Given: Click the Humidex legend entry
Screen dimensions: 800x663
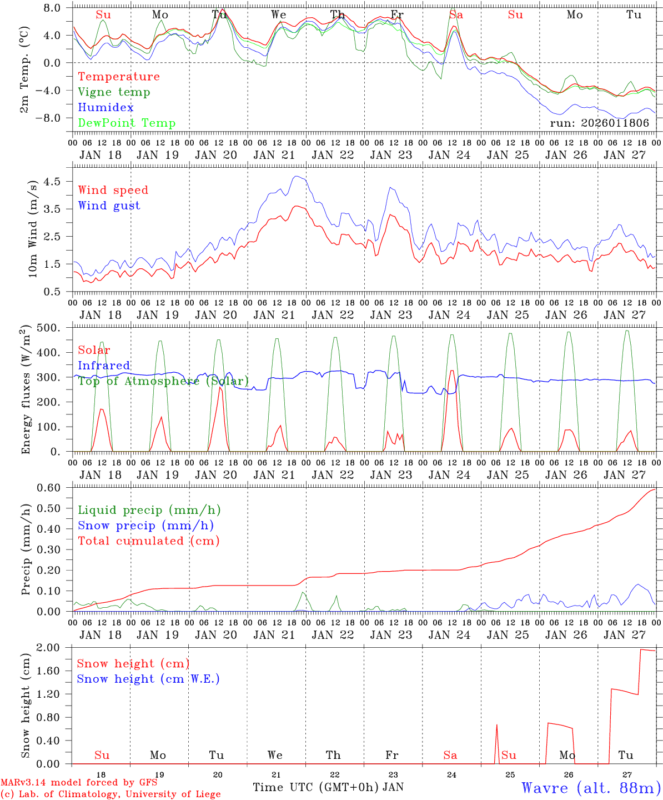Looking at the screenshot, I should tap(106, 108).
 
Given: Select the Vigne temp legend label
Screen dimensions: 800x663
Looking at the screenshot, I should tap(114, 92).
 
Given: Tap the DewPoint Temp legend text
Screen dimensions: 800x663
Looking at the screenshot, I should tap(127, 123).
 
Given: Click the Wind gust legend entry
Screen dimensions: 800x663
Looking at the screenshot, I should tap(109, 206).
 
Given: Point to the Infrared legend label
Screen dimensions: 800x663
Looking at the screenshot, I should tap(104, 366).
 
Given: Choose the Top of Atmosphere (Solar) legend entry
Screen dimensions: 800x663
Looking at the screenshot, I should tap(163, 381).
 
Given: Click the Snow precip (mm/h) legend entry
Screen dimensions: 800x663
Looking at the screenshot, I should tap(145, 526).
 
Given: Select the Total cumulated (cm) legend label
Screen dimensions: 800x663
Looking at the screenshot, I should tap(148, 541).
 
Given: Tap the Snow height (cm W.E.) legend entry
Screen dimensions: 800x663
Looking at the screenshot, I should tap(148, 679).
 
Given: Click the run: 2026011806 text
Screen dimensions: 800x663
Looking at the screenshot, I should tap(599, 123).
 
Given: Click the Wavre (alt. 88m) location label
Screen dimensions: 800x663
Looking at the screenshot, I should tap(591, 788).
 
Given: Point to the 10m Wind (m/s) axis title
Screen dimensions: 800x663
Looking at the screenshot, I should tap(33, 229).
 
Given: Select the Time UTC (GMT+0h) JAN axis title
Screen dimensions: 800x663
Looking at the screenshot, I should tap(328, 787).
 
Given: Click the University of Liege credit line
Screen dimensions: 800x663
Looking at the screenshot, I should tap(110, 794).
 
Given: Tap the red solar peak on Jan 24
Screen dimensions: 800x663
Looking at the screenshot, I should tap(452, 371).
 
